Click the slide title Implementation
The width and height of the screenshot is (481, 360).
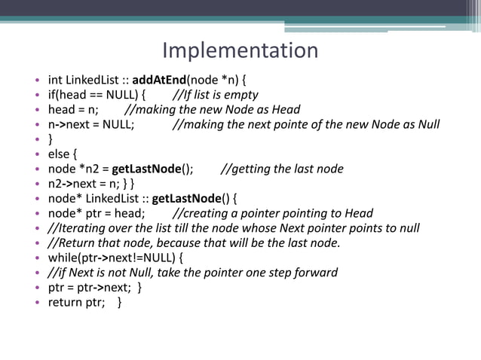240,50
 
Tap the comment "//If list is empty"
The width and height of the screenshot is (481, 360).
215,95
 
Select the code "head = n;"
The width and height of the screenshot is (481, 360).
73,110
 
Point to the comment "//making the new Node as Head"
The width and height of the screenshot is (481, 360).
212,110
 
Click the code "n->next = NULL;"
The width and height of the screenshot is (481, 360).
91,124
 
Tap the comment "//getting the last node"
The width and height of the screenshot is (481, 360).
282,169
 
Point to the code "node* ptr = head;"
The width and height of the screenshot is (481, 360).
97,213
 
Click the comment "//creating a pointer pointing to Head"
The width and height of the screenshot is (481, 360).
273,213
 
